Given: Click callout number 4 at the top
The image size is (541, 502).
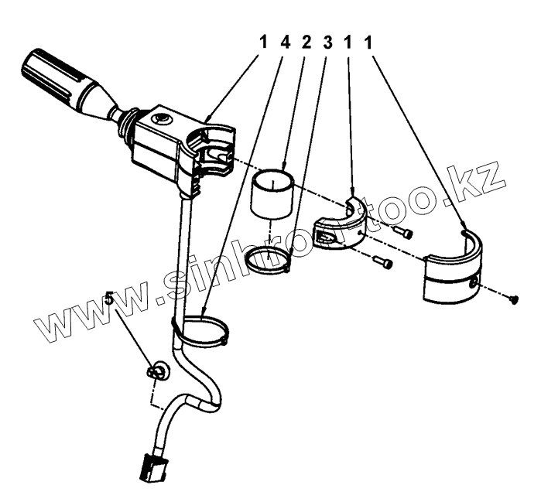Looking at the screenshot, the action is pos(285,43).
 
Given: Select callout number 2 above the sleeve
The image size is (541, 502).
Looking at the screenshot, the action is pos(306,43).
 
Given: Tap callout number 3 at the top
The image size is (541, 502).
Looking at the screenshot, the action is pos(327,43).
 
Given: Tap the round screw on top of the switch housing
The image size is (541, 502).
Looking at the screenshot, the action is pos(161,120).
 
